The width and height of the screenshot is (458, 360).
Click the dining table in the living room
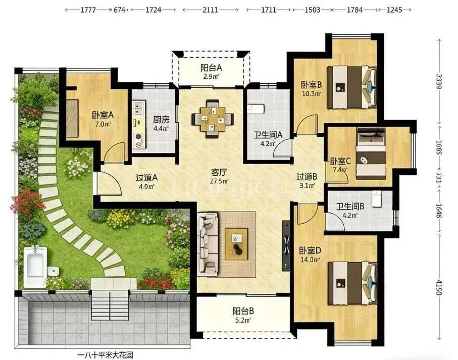coord(213,119)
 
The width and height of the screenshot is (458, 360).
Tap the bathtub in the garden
coord(35,267)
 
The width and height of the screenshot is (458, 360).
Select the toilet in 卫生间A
coord(256,109)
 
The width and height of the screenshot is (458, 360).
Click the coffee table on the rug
coord(236,244)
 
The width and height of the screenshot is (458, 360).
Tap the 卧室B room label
coord(312,85)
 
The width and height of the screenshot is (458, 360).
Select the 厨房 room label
coord(161,120)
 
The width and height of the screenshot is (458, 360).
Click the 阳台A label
coord(211,68)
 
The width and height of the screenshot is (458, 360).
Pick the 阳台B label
coord(243,311)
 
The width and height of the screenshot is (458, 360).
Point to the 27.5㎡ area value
coord(219,181)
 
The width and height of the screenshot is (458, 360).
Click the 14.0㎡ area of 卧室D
coord(311,259)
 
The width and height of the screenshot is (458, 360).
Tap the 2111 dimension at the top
coord(210,10)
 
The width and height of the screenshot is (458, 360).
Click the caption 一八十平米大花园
coord(105,355)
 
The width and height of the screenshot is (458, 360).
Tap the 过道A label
coord(146,177)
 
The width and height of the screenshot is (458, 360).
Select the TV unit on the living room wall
coord(286,246)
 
